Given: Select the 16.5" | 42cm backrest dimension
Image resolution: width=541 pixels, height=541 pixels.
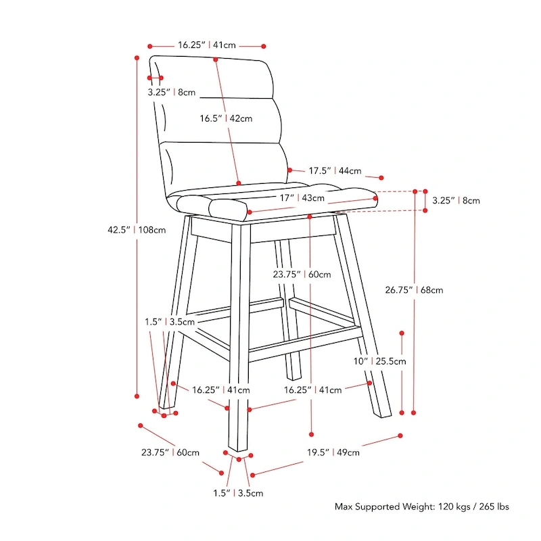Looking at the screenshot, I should click(226, 118).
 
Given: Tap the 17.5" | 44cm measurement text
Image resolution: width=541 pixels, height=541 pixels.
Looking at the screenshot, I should click(335, 171).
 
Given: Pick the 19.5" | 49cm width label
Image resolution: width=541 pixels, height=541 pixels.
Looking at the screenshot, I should click(336, 452).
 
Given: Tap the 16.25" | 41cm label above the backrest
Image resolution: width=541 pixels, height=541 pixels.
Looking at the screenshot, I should click(207, 45).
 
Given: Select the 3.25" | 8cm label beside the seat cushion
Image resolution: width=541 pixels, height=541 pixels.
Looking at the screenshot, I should click(456, 200).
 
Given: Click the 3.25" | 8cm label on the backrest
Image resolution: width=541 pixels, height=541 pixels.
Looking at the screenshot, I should click(172, 92).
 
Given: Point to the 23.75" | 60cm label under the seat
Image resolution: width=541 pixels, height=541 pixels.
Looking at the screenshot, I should click(302, 275).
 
